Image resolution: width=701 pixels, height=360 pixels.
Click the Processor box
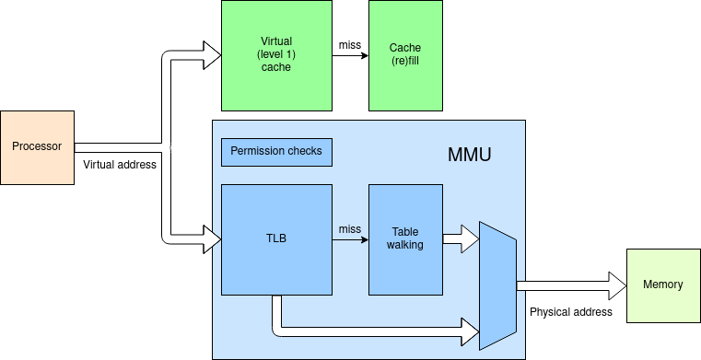[37, 147]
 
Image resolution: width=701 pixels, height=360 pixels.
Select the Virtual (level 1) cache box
[276, 55]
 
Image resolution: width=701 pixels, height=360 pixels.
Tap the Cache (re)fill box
[405, 55]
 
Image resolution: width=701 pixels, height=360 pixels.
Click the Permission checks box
[276, 152]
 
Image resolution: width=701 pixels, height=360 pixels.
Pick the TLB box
[276, 239]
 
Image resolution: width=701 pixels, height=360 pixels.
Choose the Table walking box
[405, 239]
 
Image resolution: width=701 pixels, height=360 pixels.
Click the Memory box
[663, 285]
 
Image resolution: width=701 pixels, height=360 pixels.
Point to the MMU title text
[469, 155]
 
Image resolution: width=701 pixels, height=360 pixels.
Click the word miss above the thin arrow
[349, 228]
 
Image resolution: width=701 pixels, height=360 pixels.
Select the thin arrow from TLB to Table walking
[349, 240]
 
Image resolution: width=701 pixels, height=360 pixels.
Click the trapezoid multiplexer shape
[497, 285]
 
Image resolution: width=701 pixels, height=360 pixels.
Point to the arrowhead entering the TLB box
[213, 240]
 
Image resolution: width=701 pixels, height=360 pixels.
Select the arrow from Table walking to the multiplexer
[460, 239]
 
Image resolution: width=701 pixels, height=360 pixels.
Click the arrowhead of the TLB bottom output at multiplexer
[471, 327]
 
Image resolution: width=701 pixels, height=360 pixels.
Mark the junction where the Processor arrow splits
[169, 147]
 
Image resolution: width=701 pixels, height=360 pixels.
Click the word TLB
[276, 238]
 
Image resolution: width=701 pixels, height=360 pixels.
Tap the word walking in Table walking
[405, 246]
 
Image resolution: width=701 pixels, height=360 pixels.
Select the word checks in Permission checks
[305, 151]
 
